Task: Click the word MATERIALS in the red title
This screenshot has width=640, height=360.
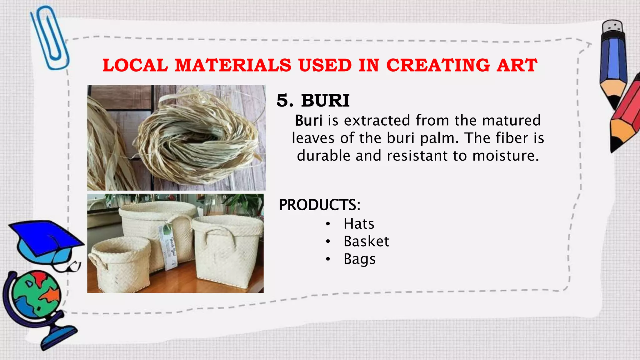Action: (x=233, y=65)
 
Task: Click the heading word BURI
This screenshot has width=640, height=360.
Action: (x=325, y=101)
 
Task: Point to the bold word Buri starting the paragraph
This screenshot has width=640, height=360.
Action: (x=309, y=121)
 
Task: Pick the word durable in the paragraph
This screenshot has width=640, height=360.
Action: (x=323, y=156)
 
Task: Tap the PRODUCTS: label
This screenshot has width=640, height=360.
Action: (x=320, y=205)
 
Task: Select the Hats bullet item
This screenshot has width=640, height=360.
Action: (x=359, y=224)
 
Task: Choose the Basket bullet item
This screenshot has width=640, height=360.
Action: (x=366, y=241)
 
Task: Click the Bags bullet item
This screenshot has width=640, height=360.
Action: (x=359, y=259)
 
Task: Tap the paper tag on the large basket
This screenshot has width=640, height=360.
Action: (x=169, y=247)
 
